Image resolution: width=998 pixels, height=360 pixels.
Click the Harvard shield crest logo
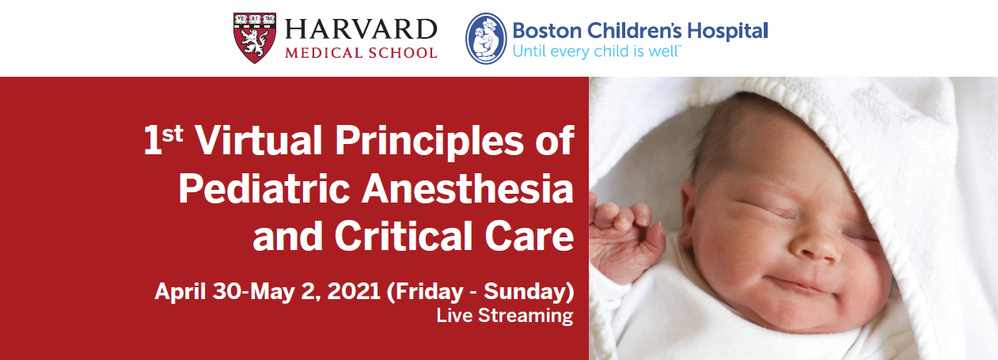[x=254, y=38]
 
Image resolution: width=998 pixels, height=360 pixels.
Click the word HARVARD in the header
[x=361, y=29]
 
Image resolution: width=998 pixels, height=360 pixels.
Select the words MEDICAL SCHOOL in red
[x=361, y=53]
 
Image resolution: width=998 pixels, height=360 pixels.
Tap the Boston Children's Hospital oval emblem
[x=486, y=38]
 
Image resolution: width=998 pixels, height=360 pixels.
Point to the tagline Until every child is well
[x=596, y=51]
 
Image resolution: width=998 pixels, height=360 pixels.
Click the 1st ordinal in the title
[x=163, y=139]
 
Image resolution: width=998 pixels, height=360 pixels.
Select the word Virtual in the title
[x=259, y=140]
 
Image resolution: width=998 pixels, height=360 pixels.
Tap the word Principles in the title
[x=429, y=142]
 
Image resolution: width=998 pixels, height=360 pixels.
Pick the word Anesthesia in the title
[x=468, y=188]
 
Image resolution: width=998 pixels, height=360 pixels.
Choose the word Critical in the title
[x=403, y=236]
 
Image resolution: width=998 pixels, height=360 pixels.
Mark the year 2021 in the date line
[x=353, y=291]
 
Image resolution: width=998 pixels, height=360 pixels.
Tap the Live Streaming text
[x=504, y=316]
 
